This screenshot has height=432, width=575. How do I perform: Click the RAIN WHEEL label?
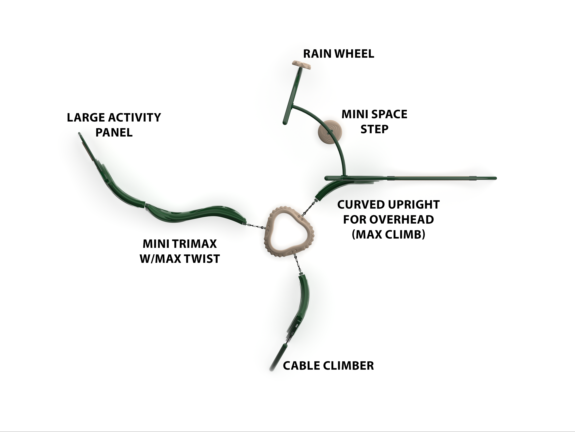338,54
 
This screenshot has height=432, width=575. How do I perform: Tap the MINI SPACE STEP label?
374,122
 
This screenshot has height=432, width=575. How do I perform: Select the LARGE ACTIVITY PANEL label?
114,125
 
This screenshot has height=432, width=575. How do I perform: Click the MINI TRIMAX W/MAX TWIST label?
180,251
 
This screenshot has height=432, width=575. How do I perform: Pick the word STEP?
374,129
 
